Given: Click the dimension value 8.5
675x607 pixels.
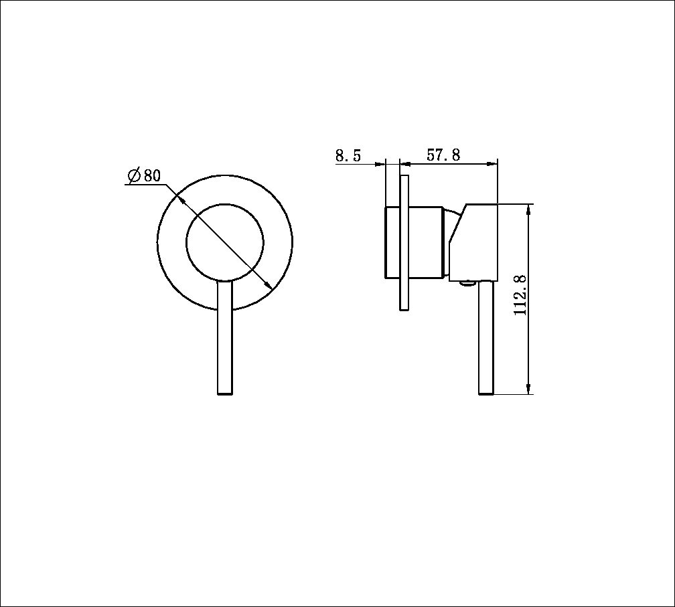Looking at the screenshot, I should pyautogui.click(x=348, y=156).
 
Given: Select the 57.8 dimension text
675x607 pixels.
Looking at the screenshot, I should pyautogui.click(x=443, y=155).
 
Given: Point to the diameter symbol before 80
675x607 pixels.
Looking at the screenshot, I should pyautogui.click(x=133, y=176).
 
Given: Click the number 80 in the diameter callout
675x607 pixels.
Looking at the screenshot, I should pyautogui.click(x=152, y=176).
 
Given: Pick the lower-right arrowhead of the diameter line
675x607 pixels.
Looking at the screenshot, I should pyautogui.click(x=268, y=285).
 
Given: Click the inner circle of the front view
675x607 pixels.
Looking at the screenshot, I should pyautogui.click(x=224, y=240).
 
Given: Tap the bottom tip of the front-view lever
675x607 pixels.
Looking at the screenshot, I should pyautogui.click(x=225, y=393).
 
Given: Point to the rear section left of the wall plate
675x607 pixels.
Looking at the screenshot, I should pyautogui.click(x=392, y=242).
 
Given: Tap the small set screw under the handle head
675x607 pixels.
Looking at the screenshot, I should pyautogui.click(x=467, y=284).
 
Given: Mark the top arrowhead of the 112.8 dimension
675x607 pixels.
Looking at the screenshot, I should pyautogui.click(x=529, y=208).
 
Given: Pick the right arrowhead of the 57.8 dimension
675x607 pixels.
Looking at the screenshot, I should pyautogui.click(x=494, y=163).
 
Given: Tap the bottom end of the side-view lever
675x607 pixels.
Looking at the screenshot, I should pyautogui.click(x=486, y=393).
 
